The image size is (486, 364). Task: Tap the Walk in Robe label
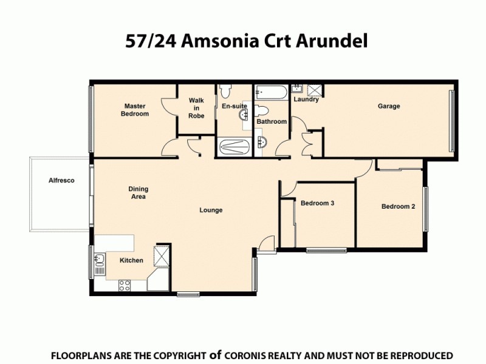(196, 108)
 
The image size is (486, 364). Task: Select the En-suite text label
(234, 106)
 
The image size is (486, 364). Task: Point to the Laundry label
(306, 99)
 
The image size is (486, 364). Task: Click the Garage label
(389, 106)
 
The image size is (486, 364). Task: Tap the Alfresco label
(61, 180)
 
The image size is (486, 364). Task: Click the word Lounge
(211, 211)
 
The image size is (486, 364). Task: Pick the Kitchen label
(131, 260)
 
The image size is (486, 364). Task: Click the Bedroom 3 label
(318, 203)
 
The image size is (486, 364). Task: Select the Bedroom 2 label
(398, 206)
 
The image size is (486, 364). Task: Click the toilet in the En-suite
(226, 91)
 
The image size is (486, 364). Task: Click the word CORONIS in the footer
(247, 355)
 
